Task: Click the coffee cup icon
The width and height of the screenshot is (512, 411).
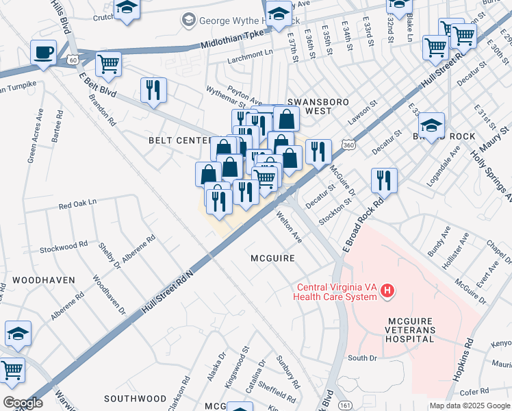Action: click(x=44, y=52)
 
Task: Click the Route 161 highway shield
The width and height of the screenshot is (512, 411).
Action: click(x=342, y=406)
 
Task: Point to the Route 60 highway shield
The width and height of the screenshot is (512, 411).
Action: click(x=73, y=60)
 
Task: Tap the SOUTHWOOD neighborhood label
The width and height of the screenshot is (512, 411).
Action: click(x=135, y=398)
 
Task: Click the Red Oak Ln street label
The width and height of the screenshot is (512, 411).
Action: click(x=78, y=203)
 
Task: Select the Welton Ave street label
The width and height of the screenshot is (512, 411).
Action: click(x=289, y=227)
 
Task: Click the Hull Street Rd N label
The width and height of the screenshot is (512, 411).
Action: click(x=168, y=291)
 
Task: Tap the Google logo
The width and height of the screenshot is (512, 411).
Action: click(x=23, y=403)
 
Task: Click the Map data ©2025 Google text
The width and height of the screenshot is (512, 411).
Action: click(x=470, y=406)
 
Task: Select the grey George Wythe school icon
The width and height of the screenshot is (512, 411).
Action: click(x=188, y=21)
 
